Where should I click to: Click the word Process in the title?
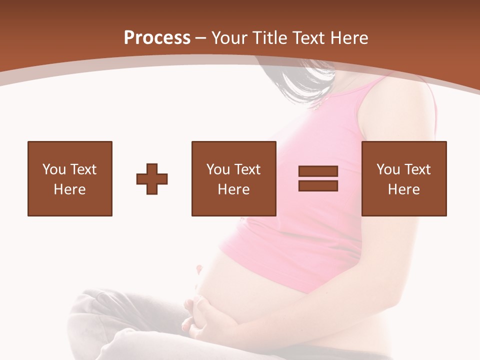click(x=157, y=38)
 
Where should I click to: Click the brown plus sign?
click(x=152, y=179)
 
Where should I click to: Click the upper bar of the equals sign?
click(x=318, y=171)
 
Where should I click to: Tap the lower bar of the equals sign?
click(x=318, y=185)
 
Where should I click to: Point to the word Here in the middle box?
click(x=233, y=189)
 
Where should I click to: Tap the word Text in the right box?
click(x=416, y=169)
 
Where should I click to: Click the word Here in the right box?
click(x=403, y=189)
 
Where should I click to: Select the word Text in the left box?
click(x=82, y=169)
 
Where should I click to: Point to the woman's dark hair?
click(x=305, y=82)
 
